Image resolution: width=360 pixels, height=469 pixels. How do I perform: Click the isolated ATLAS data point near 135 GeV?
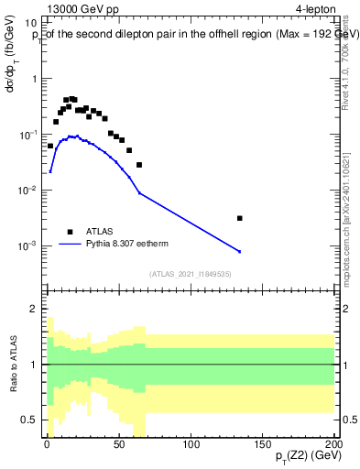click(239, 218)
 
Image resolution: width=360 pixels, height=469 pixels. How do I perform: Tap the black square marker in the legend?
click(70, 232)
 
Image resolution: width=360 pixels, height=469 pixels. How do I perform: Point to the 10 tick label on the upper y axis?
click(30, 23)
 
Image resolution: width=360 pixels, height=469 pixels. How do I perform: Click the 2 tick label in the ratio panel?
click(33, 309)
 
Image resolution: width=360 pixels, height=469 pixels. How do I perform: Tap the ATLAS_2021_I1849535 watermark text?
click(191, 274)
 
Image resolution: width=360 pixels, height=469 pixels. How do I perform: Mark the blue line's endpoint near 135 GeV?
click(239, 252)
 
